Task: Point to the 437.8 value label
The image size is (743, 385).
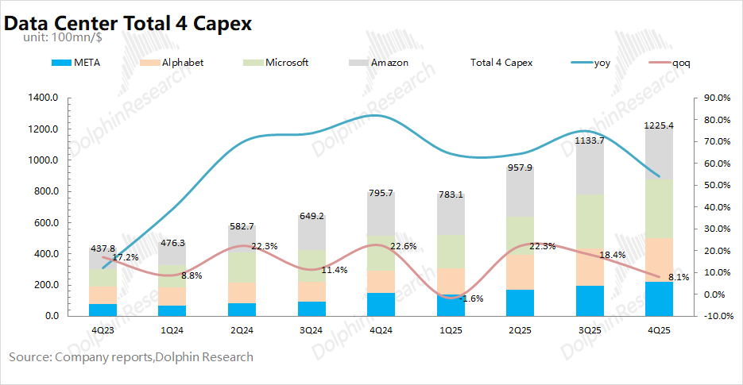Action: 102,248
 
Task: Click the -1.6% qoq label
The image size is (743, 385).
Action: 470,298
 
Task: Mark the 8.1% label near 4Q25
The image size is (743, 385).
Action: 677,277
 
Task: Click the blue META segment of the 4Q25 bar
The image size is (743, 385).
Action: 659,298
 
